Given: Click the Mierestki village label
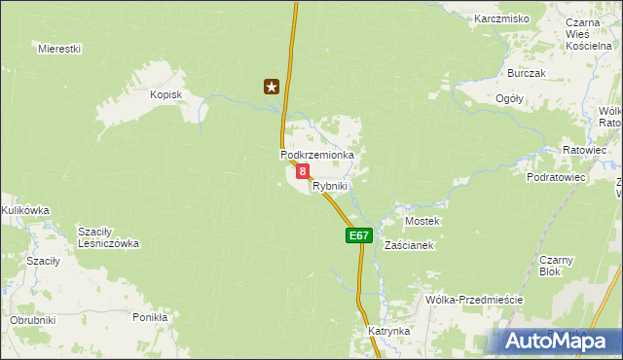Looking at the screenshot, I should point(58,48).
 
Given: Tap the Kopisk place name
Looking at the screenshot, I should point(166,94).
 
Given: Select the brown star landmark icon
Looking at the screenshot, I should point(272,87).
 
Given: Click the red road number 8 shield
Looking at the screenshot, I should point(303,171).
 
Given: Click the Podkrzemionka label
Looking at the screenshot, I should point(316,155).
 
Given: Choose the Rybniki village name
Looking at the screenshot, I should point(330,185).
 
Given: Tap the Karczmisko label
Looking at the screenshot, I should point(501,18).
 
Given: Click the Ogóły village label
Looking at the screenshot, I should point(509,98).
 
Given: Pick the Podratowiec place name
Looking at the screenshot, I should point(556,178).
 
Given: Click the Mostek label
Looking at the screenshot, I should point(422,221).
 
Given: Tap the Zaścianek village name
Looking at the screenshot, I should point(409,245).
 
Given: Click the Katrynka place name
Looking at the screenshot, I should point(388,331).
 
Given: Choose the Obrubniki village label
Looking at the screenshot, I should point(32,320).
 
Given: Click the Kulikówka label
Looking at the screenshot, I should point(25,209).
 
